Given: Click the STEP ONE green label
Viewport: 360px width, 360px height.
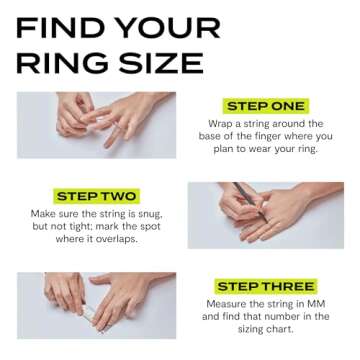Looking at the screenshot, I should (266, 105).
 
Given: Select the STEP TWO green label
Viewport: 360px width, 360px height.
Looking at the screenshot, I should (96, 195).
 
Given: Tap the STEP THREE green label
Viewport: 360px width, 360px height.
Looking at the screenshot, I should (265, 286).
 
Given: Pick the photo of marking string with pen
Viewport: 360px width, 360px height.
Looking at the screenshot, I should (265, 214).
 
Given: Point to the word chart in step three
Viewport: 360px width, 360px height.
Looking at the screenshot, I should (289, 330).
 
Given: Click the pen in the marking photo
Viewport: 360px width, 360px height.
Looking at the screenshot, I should (250, 193).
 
